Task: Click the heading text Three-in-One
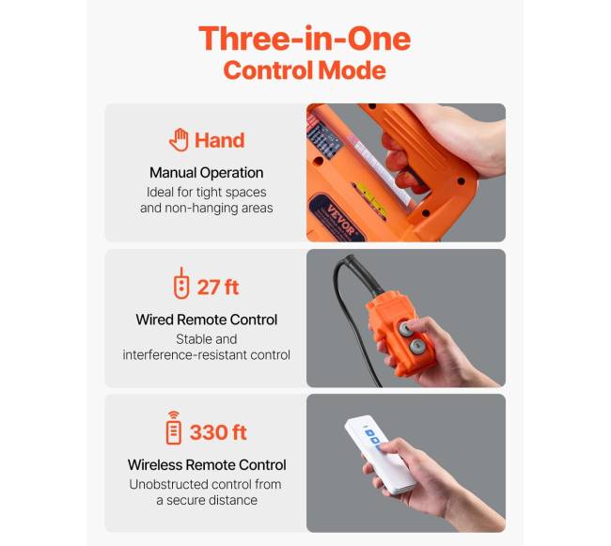305,39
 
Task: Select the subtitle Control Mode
305,70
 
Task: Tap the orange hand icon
179,139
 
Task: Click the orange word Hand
219,140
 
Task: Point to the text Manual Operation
207,173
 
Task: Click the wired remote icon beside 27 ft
181,283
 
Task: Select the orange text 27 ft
218,288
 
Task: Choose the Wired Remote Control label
207,320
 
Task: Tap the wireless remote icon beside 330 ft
174,428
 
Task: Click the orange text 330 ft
218,432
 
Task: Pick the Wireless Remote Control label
207,465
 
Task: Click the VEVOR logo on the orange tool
340,219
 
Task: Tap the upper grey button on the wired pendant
406,329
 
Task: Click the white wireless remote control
380,455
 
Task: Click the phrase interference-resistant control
207,355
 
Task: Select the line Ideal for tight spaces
207,192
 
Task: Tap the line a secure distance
207,500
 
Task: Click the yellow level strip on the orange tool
369,200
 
